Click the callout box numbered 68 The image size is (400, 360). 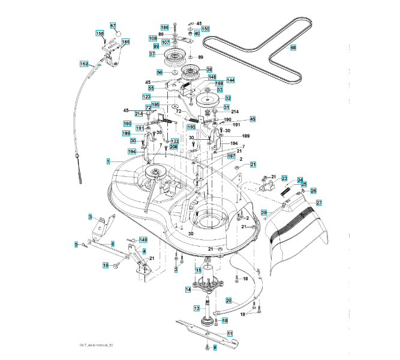[293, 47]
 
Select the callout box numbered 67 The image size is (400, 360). [112, 25]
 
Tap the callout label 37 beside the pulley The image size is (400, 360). [152, 54]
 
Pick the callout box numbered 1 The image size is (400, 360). [108, 161]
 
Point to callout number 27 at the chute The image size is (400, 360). [319, 203]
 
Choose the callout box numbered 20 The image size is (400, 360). [228, 301]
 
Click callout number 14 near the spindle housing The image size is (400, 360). [188, 290]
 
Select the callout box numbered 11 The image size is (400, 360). [230, 333]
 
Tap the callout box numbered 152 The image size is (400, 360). [84, 64]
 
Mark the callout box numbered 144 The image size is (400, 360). [230, 80]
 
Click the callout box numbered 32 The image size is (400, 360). [228, 98]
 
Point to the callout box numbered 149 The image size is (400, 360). [143, 239]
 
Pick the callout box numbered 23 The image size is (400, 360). [284, 178]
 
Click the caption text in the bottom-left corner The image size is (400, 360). [96, 346]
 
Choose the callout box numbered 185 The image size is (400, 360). [125, 41]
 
